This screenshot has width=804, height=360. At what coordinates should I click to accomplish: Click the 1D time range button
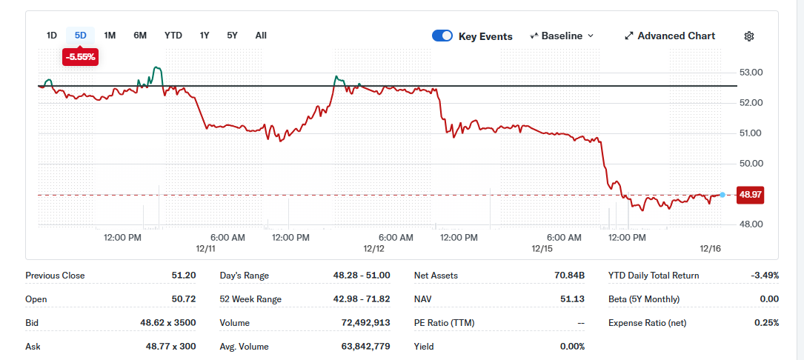[52, 36]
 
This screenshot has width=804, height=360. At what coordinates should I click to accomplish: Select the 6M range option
[140, 36]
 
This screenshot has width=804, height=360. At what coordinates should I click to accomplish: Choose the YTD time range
[173, 36]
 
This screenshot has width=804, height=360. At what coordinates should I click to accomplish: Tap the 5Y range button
[232, 36]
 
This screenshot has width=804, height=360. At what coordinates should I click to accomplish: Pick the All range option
[261, 36]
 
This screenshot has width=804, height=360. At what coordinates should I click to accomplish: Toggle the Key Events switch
[442, 36]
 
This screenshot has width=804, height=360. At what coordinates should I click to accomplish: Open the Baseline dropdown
[562, 36]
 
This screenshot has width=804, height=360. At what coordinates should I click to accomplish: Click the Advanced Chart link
[670, 36]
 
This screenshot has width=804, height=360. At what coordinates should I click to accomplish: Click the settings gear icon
[749, 36]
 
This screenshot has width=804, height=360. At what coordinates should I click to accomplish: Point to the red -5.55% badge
[81, 57]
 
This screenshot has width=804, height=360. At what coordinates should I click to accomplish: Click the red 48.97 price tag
[750, 195]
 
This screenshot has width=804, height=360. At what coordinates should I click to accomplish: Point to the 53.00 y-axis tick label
[751, 73]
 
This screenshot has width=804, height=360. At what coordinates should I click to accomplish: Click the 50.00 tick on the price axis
[751, 164]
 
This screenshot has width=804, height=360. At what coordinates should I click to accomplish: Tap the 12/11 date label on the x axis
[205, 249]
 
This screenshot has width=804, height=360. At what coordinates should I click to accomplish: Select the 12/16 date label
[711, 249]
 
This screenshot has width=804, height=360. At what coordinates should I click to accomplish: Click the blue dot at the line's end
[722, 195]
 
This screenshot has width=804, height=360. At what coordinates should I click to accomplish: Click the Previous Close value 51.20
[184, 276]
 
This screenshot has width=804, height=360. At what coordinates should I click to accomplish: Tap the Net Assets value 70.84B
[570, 276]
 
